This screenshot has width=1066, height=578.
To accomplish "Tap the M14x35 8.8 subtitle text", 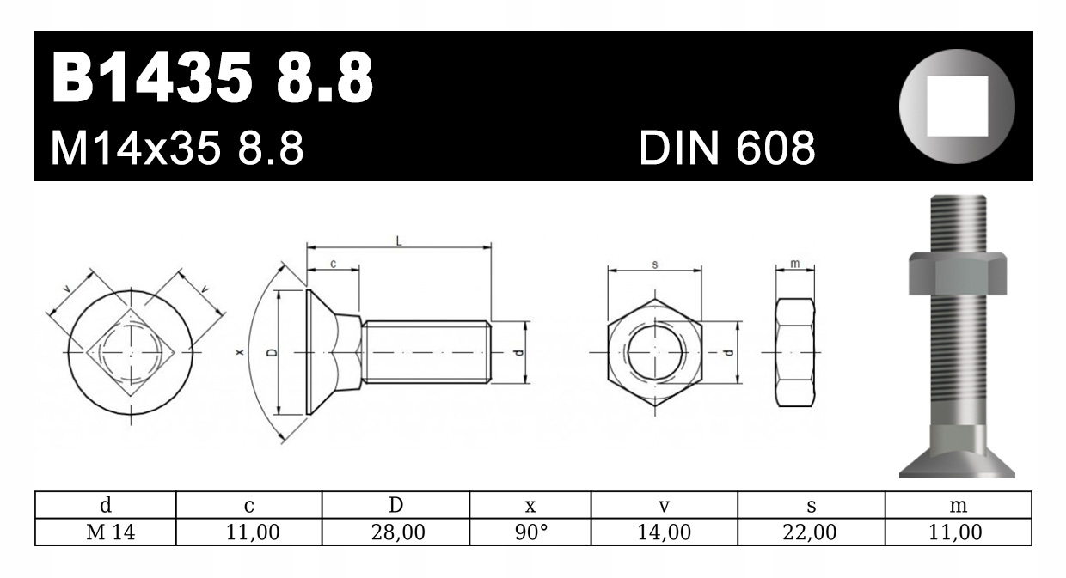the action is tap(177, 149).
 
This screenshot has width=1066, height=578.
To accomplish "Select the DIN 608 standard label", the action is tap(727, 149).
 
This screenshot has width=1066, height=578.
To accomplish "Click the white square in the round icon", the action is tap(957, 106).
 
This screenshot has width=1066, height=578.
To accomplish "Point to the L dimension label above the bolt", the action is tap(399, 241).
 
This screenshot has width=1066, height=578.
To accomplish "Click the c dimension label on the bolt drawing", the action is tap(334, 264).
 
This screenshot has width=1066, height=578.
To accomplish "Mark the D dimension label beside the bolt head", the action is tap(272, 352).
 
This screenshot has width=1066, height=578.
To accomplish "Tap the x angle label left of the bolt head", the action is tap(241, 352).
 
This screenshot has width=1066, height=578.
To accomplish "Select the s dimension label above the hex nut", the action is tap(655, 265).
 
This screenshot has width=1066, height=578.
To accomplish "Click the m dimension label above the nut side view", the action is tap(794, 264).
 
